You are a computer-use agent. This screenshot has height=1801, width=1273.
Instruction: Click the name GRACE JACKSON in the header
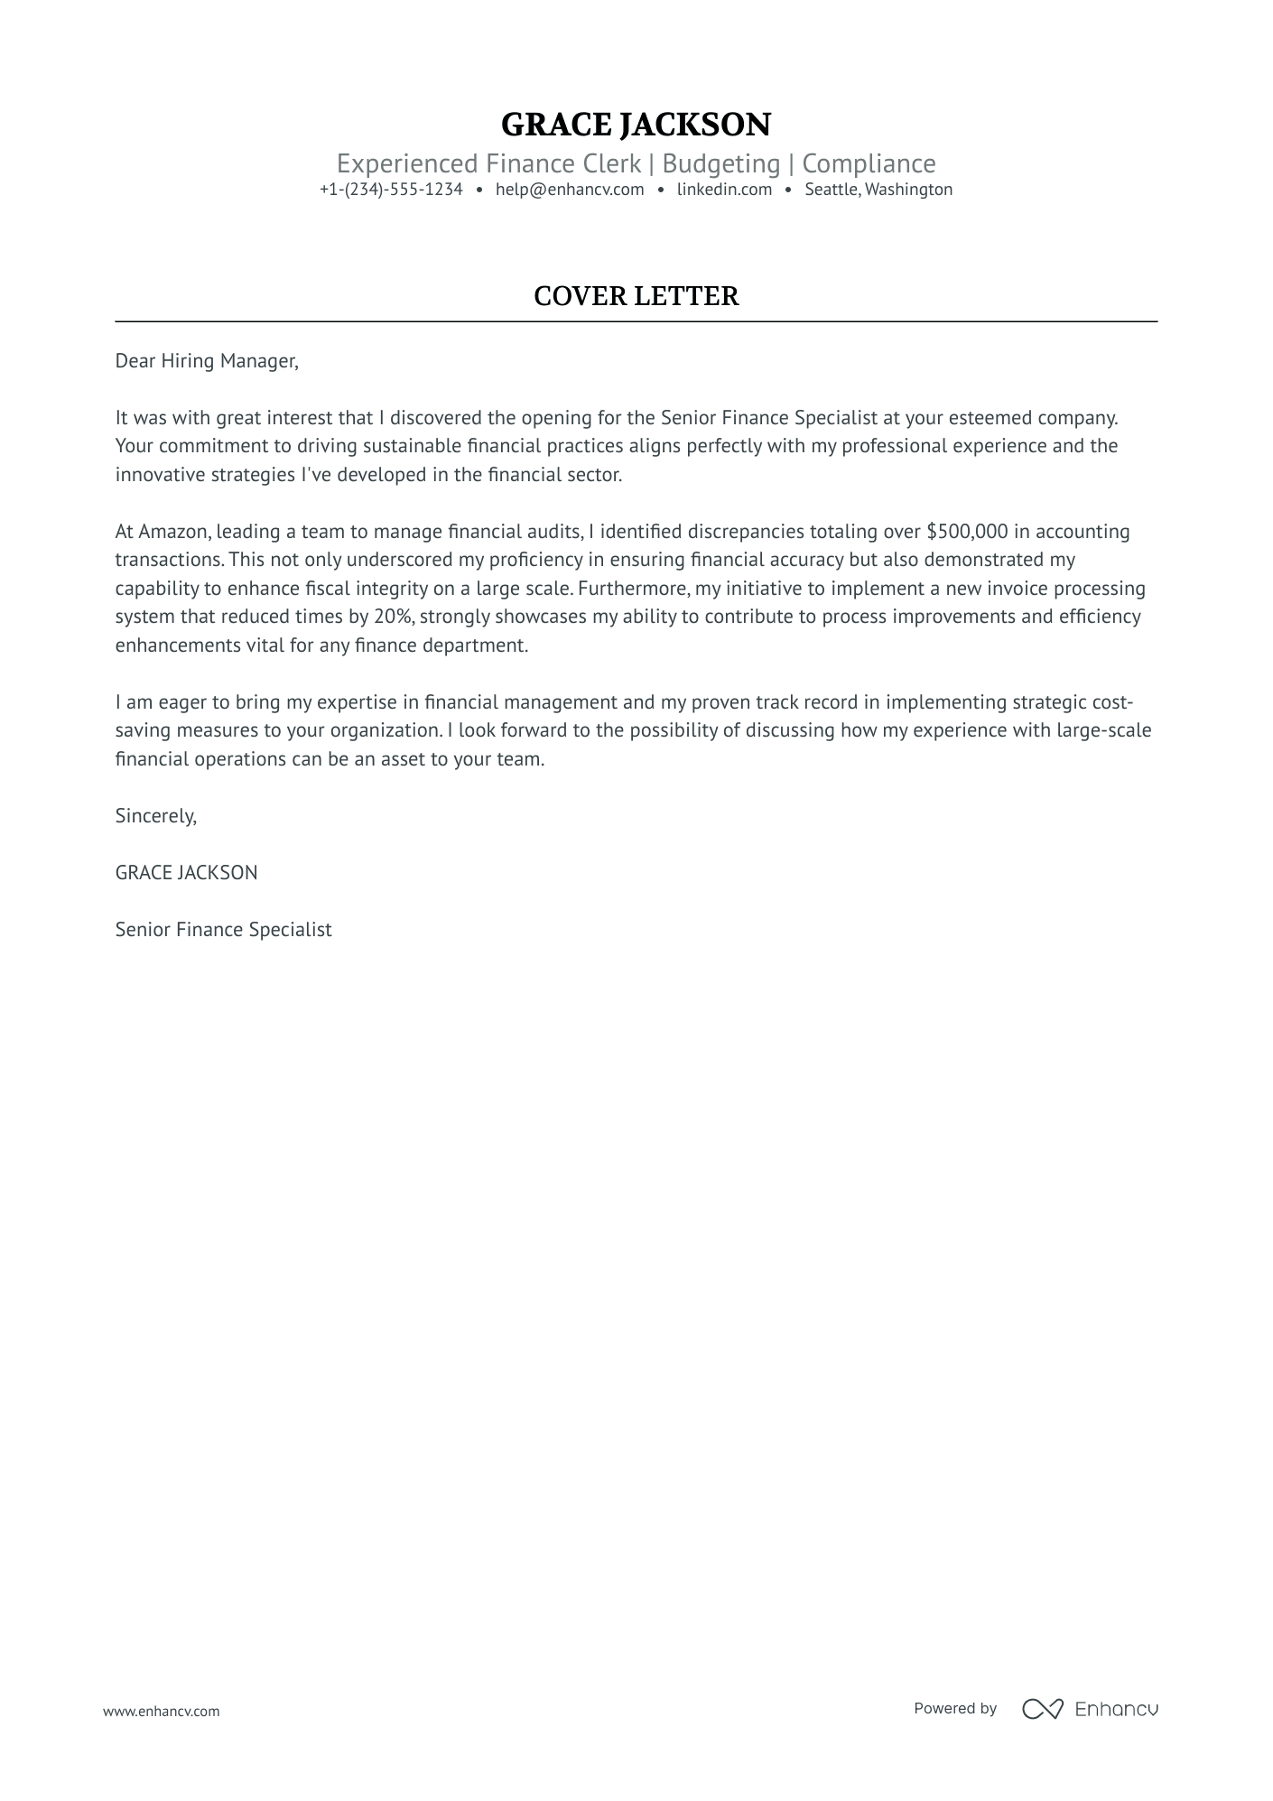(636, 125)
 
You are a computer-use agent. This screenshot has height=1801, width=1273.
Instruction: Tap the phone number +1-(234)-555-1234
(391, 190)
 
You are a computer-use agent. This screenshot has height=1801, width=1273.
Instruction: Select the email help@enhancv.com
(570, 190)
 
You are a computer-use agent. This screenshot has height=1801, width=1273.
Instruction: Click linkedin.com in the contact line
(724, 190)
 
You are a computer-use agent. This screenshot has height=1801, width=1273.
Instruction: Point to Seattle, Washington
(878, 190)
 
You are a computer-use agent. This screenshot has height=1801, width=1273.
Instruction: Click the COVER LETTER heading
(636, 296)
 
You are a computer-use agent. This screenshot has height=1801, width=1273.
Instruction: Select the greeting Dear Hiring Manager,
(207, 361)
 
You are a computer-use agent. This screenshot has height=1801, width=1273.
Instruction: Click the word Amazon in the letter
(173, 532)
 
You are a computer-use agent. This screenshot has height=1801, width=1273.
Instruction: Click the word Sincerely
(155, 816)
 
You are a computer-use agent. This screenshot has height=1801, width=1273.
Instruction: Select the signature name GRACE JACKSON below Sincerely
(186, 873)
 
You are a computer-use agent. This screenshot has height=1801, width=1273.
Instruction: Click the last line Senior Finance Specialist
(223, 930)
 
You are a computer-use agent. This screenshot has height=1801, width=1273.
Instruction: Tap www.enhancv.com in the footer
(161, 1711)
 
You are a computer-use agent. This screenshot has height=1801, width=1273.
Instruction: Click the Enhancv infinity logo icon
(1043, 1709)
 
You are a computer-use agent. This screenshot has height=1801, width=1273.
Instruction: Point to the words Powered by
(955, 1708)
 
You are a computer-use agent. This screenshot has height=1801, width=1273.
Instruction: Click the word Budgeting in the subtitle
(720, 163)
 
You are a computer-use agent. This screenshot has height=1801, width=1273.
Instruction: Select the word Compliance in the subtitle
(869, 163)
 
